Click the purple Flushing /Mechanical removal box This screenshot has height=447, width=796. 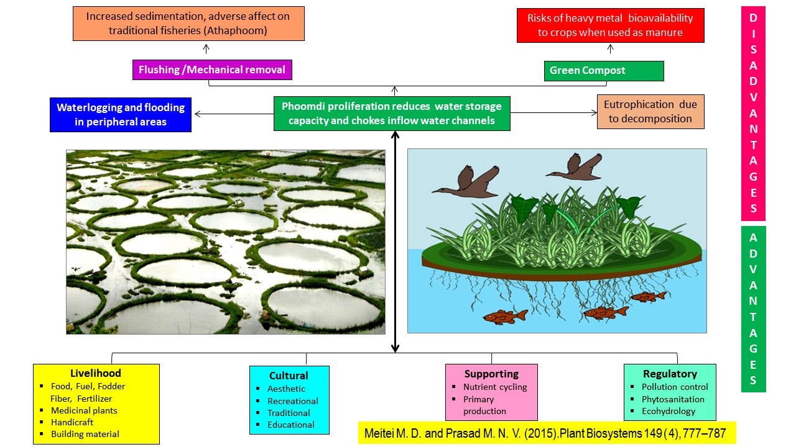point(212,70)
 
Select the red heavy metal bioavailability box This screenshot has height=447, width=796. point(610,25)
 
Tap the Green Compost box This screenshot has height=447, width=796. point(604,71)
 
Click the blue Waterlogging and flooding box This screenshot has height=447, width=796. point(121,115)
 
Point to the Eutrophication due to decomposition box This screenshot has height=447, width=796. point(650,112)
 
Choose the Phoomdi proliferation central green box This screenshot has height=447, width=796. point(392,113)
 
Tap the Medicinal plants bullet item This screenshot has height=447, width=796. point(84,410)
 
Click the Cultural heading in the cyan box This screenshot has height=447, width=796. point(289,376)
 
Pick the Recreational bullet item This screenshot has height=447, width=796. point(292,401)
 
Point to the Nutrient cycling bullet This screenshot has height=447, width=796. point(495,387)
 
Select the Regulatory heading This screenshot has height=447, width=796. point(670,374)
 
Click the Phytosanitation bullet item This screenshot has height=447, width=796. point(673,399)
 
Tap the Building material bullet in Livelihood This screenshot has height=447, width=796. point(85,434)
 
